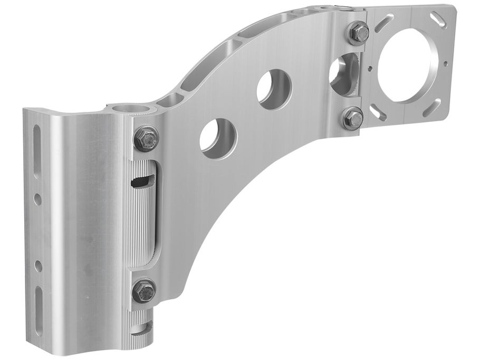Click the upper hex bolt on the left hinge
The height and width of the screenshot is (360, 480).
click(147, 138)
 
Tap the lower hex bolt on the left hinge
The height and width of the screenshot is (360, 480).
click(144, 290)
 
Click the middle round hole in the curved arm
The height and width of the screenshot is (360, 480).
click(274, 89)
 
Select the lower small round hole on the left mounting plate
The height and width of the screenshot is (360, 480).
click(39, 266)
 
